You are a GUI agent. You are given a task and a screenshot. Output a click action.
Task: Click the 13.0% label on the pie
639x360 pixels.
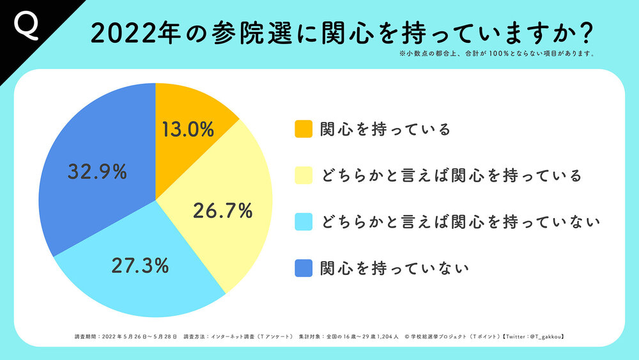tap(188, 130)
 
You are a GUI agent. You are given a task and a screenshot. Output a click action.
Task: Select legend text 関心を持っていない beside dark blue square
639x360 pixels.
tap(395, 268)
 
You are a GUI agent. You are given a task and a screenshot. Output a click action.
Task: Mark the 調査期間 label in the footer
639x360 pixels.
tap(85, 336)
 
